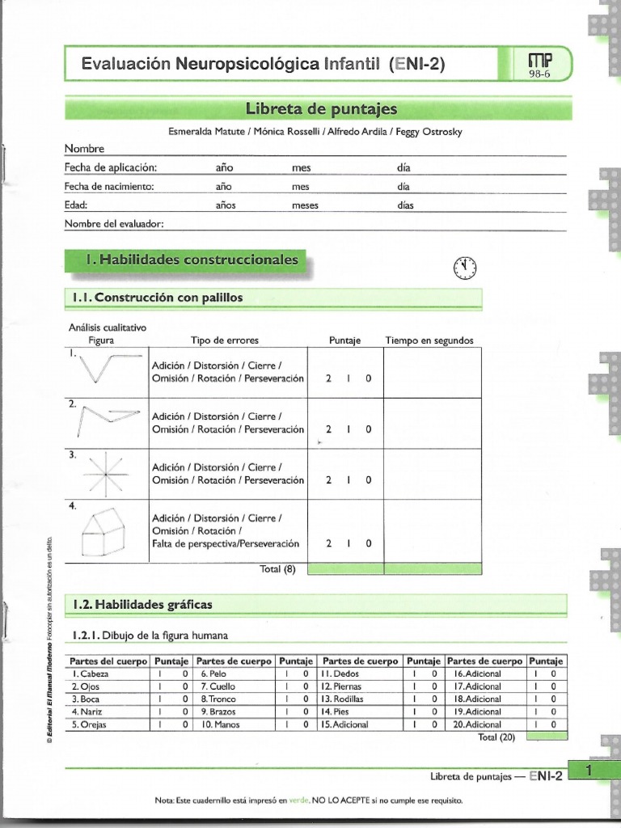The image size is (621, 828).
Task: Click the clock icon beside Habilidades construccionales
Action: click(466, 268)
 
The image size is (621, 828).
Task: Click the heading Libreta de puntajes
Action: click(321, 109)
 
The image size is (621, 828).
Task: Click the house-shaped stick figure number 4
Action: click(104, 533)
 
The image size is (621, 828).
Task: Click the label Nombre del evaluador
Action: click(114, 223)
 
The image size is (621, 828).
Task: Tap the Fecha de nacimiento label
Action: click(109, 186)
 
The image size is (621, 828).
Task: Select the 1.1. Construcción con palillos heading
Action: click(158, 298)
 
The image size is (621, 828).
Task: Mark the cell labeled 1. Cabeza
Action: click(90, 673)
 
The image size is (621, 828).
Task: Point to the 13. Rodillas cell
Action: click(343, 699)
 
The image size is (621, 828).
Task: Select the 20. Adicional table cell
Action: click(477, 724)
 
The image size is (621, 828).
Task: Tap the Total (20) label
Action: click(496, 737)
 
